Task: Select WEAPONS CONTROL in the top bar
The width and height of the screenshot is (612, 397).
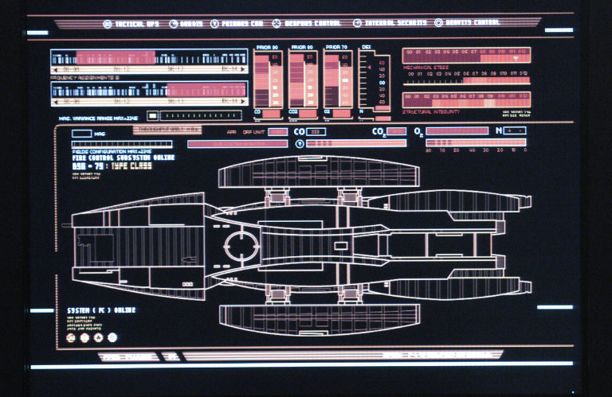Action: (312, 23)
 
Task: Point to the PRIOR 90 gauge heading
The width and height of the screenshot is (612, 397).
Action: (265, 49)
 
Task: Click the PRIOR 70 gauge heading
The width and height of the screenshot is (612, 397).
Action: (338, 49)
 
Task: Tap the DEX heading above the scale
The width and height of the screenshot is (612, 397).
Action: (367, 49)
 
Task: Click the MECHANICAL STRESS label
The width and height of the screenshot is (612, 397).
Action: (426, 68)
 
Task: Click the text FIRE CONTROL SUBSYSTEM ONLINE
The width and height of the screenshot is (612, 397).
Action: (120, 158)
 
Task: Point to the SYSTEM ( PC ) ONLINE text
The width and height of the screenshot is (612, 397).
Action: (101, 309)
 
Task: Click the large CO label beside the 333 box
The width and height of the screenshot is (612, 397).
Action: (299, 131)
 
